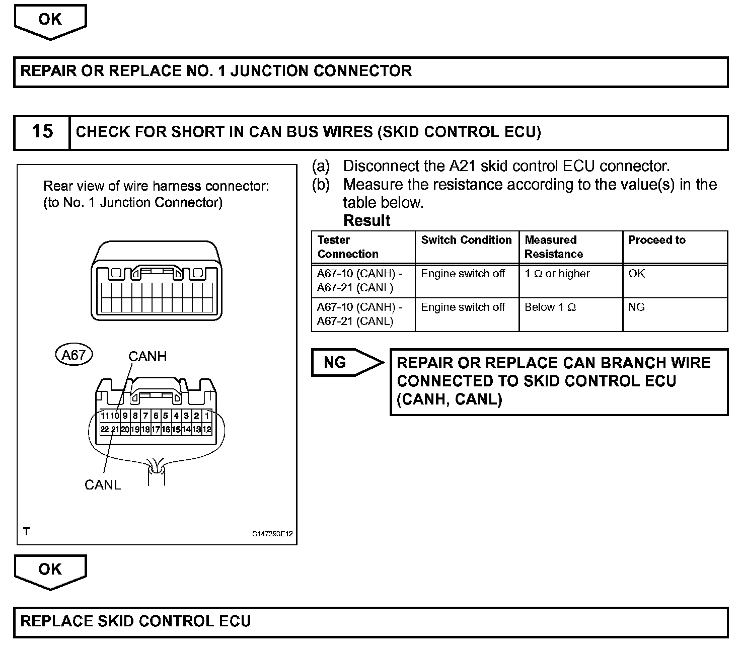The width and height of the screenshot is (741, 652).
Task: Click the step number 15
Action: coord(42,132)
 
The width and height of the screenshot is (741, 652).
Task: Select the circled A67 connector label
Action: coord(73,355)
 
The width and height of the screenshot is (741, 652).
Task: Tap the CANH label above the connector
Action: coord(147,357)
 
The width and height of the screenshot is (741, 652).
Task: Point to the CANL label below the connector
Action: coord(103,485)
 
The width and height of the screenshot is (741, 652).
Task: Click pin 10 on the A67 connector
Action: coord(115,416)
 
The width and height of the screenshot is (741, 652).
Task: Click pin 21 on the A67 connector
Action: coord(115,430)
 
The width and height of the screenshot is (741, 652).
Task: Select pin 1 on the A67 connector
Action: coord(207,416)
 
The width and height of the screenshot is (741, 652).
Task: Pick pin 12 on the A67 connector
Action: coord(207,430)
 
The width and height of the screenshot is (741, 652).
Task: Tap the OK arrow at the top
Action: coord(50,20)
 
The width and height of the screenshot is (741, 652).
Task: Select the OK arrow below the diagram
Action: coord(50,570)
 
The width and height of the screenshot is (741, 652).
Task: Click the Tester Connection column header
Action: coord(347,247)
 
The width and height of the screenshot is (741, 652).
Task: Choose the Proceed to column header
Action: coord(656,240)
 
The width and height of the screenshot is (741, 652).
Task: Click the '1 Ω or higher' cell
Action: coord(557,274)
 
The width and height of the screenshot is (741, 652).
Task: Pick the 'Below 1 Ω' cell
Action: coord(550,307)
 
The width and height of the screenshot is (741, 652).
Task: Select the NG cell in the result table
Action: coord(636,307)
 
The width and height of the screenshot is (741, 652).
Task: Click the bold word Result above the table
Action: coord(366,221)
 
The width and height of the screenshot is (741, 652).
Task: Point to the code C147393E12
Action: coord(272,534)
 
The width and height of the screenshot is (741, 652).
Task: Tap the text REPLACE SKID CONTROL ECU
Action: coord(135,621)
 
